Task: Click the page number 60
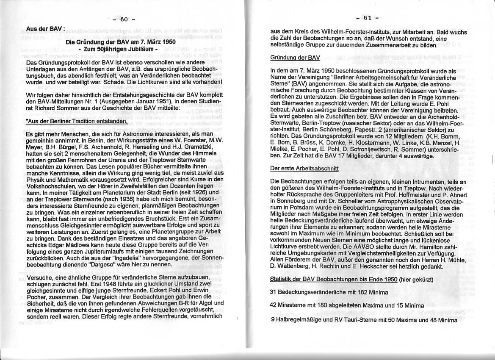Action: tap(124, 19)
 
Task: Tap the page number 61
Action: tap(368, 17)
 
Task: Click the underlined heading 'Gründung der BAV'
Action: tap(295, 58)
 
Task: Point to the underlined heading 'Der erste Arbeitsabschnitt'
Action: tap(304, 168)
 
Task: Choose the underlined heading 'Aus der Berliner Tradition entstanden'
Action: tap(77, 122)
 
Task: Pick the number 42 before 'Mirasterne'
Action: tap(274, 305)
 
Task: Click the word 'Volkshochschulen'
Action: tap(50, 186)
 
